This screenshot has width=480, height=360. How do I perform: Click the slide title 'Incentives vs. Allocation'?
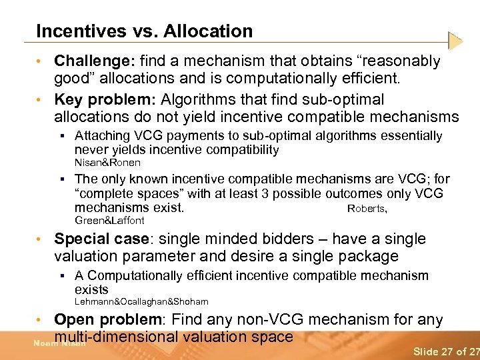[x=144, y=31]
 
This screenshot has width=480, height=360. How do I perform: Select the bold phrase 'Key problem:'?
[x=105, y=100]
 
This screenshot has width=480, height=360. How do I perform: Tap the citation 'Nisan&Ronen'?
[x=107, y=163]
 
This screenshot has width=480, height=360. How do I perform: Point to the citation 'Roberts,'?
[x=367, y=209]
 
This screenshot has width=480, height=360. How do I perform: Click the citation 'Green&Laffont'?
[x=109, y=221]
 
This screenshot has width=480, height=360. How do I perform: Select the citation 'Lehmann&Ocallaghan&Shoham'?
[x=141, y=302]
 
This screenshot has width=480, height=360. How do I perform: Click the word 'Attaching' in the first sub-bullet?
[x=101, y=136]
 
